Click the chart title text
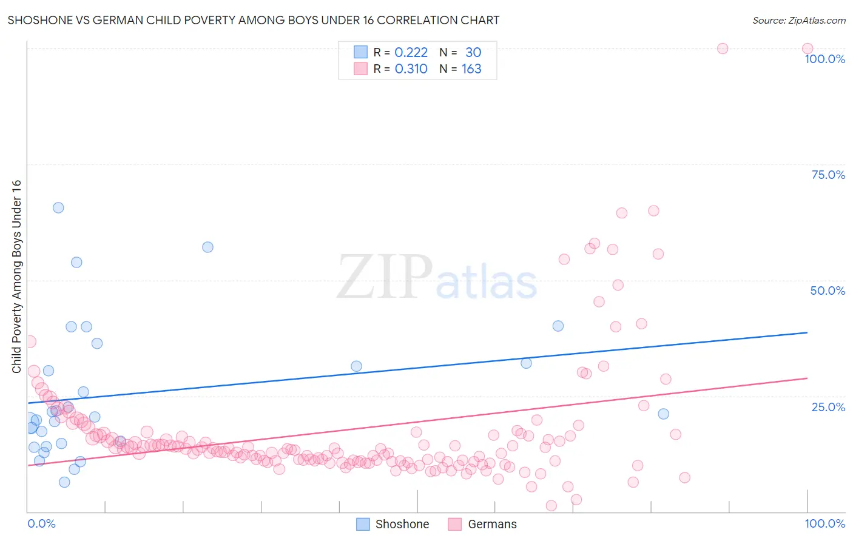pos(254,20)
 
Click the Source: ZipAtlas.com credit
pos(798,20)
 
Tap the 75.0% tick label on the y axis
pos(828,175)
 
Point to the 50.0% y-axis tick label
pos(828,291)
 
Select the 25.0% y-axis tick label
pos(828,407)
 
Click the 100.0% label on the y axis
pos(824,59)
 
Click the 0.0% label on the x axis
pos(41,523)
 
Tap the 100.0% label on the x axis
pos(824,523)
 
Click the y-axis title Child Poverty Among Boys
pos(16,277)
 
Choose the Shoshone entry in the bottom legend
pos(402,524)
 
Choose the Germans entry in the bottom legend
pos(492,524)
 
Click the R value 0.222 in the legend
pos(411,53)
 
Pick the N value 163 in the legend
pos(471,69)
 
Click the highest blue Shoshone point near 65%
pos(58,207)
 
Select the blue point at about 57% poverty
pos(207,247)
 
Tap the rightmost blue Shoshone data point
pos(663,414)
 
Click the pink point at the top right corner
pos(807,49)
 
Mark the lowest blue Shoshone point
pos(64,482)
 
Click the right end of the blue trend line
pos(806,332)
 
